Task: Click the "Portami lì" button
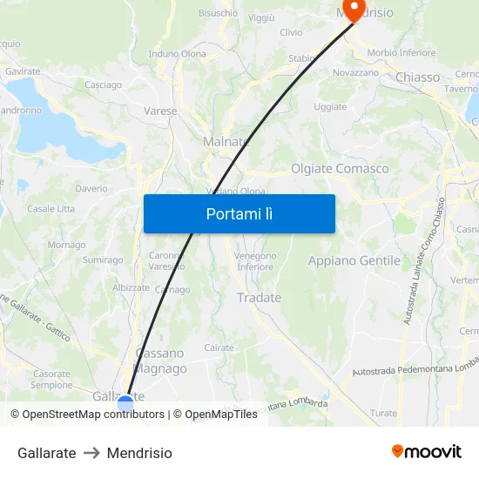click(x=239, y=213)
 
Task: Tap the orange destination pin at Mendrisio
click(x=354, y=9)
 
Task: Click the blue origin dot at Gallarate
click(x=125, y=402)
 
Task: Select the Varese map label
click(x=160, y=111)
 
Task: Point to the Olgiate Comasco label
click(x=340, y=168)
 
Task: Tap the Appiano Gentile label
click(x=354, y=260)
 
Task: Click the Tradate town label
click(x=260, y=298)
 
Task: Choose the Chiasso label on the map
click(x=418, y=77)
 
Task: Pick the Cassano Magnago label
click(x=161, y=361)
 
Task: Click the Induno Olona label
click(x=178, y=54)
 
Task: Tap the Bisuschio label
click(x=218, y=13)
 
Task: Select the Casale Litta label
click(x=51, y=209)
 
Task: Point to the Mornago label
click(x=66, y=245)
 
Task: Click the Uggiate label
click(x=330, y=107)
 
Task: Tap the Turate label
click(x=383, y=414)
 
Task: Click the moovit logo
click(x=427, y=452)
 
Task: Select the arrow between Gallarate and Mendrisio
click(x=91, y=453)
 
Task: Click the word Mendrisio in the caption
click(x=139, y=453)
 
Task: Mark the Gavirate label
click(x=23, y=71)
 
